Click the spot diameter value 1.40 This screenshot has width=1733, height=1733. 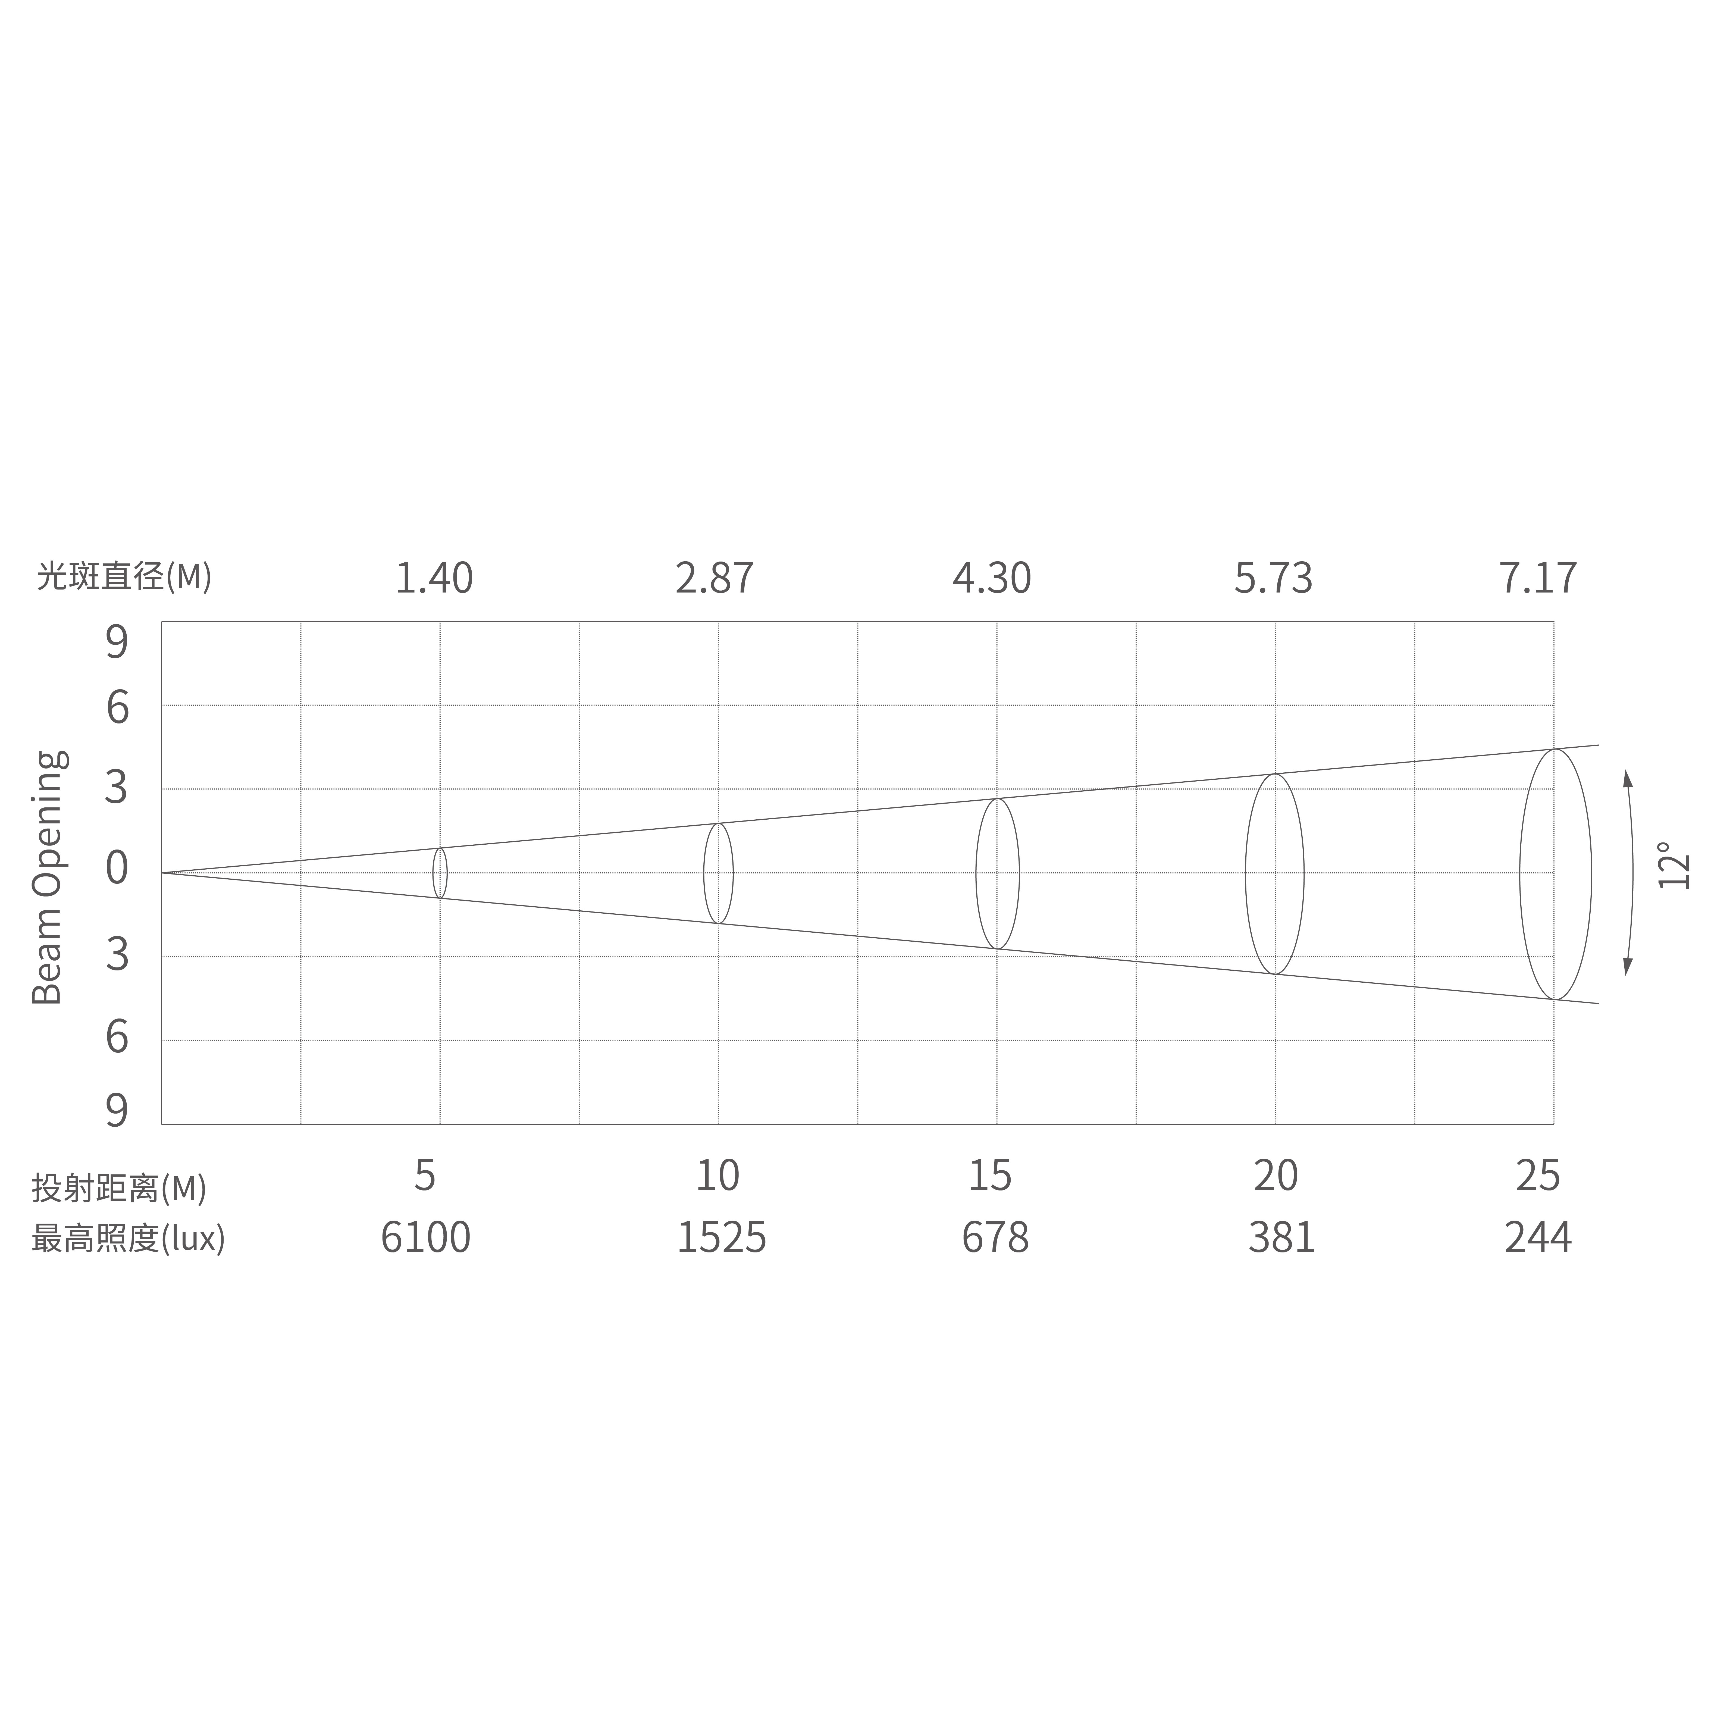click(434, 579)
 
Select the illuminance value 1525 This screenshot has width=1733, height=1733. click(721, 1238)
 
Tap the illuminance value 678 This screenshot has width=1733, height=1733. click(995, 1238)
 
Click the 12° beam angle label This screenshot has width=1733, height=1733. click(1674, 866)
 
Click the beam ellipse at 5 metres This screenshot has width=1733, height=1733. click(440, 873)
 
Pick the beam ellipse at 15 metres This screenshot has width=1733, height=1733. click(998, 874)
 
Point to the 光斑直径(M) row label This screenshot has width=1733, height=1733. click(124, 576)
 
